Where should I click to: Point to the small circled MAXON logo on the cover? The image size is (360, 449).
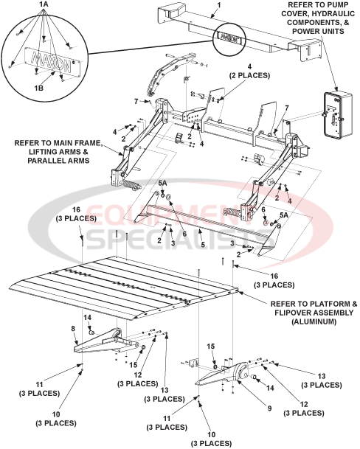pyautogui.click(x=229, y=35)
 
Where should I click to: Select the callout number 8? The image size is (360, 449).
pyautogui.click(x=73, y=329)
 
